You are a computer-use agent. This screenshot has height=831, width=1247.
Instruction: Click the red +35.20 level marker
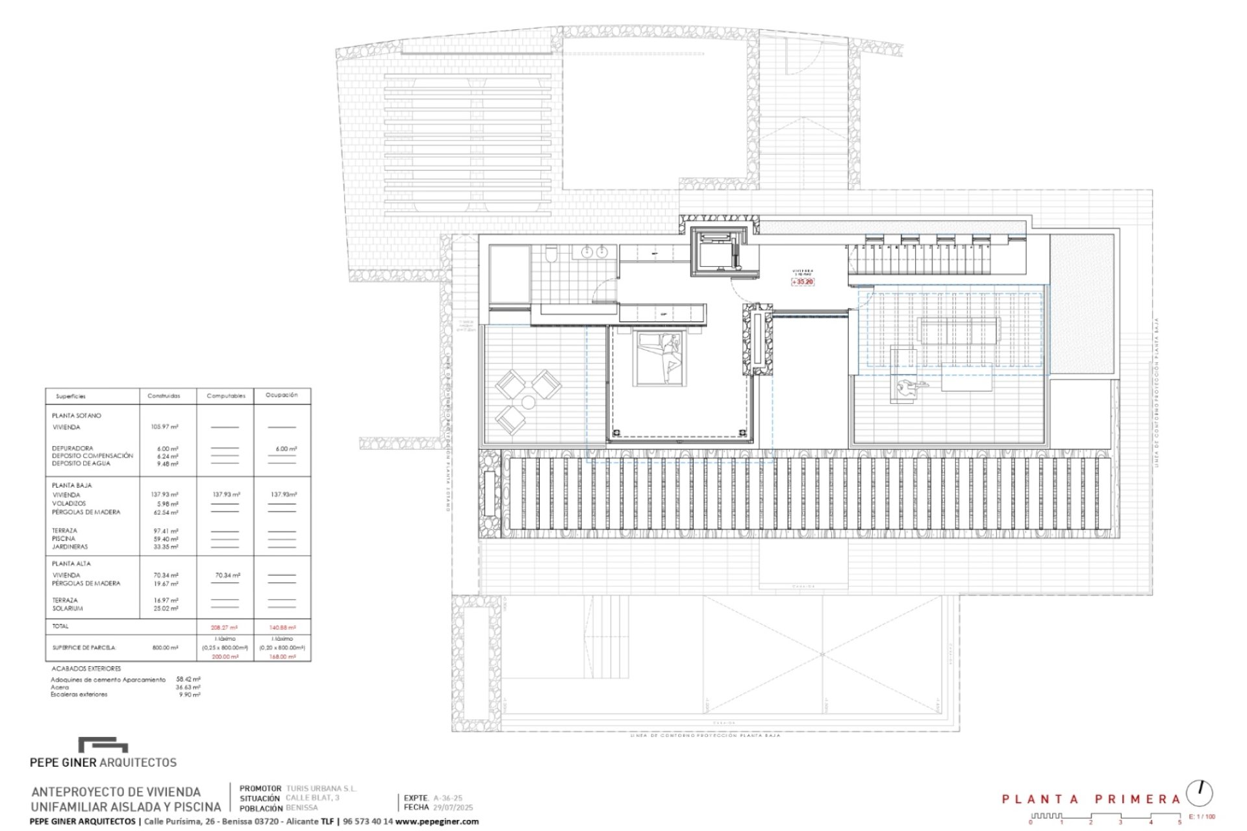[x=803, y=282]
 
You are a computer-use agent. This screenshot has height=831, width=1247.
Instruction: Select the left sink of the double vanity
[x=588, y=252]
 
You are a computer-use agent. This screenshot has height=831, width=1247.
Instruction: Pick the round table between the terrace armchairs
[x=528, y=403]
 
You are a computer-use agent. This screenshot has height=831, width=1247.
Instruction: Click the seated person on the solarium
[x=907, y=388]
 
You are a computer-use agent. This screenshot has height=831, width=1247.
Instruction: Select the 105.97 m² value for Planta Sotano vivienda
[x=164, y=427]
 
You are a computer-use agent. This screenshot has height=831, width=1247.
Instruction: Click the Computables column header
[x=225, y=396]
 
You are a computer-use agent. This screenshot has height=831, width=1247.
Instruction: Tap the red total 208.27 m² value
[x=224, y=628]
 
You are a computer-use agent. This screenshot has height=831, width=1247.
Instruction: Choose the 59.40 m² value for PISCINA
[x=166, y=539]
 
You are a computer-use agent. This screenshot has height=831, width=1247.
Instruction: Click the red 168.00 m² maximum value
[x=283, y=657]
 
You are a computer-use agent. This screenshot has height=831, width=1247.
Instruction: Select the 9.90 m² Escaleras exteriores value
[x=190, y=695]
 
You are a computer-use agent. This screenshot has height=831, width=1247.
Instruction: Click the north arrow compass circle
[x=1199, y=793]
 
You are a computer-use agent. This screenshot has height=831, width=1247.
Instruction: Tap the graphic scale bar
[x=1104, y=817]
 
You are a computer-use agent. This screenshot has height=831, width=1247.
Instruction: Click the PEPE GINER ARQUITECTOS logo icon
[x=103, y=745]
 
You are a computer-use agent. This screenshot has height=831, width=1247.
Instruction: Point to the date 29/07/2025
[x=453, y=808]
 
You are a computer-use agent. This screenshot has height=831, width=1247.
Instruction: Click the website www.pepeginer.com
[x=436, y=821]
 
